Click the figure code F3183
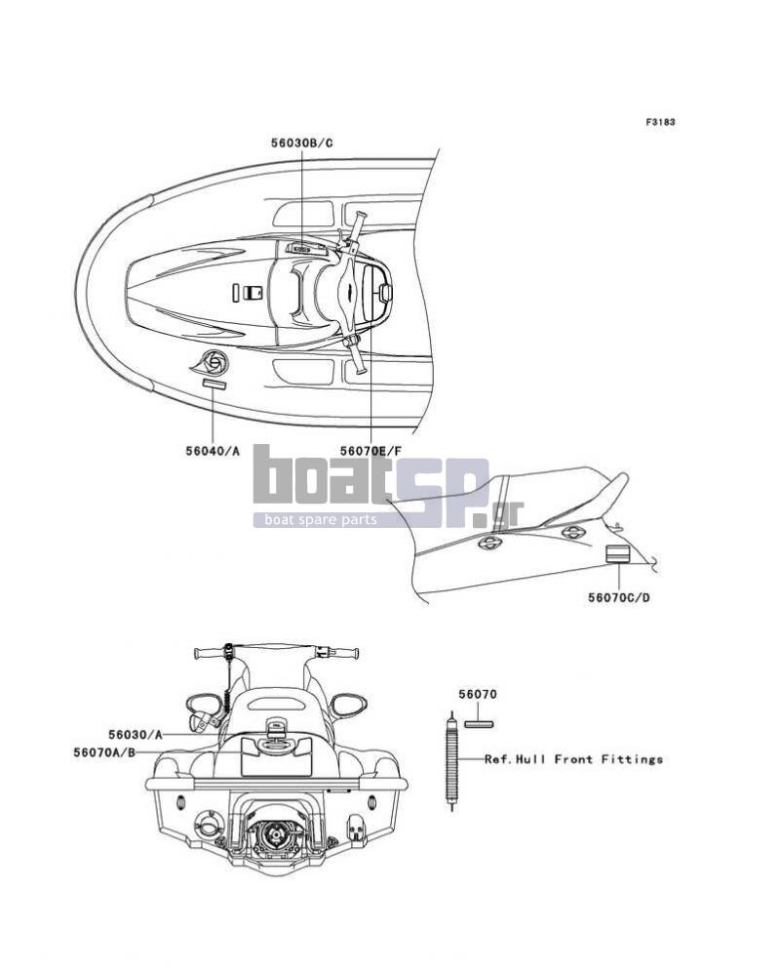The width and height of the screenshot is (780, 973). [660, 122]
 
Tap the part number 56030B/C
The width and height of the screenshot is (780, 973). [301, 142]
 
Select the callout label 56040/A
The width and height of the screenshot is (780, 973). [213, 451]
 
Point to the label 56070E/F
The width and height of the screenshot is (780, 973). [370, 451]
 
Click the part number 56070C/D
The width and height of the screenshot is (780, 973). [619, 598]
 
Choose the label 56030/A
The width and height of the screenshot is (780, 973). [136, 735]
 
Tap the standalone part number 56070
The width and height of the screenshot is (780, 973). [478, 695]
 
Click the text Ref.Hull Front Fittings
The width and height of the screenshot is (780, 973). [573, 759]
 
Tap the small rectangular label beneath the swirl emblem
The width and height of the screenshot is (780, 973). [214, 385]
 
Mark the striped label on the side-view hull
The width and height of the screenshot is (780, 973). [617, 554]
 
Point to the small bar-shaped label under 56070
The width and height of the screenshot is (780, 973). [479, 723]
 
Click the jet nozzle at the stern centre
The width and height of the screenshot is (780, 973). [275, 834]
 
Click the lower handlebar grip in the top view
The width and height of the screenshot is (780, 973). [358, 357]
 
